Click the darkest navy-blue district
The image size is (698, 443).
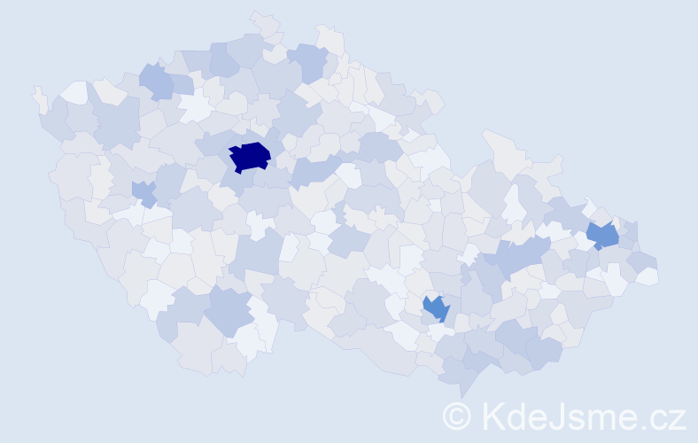click(249, 156)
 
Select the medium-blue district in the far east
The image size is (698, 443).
click(603, 236)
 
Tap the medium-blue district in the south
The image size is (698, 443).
click(436, 308)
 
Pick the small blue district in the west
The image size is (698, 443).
click(143, 191)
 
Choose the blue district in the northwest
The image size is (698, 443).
click(157, 82)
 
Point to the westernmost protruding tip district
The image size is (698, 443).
click(39, 97)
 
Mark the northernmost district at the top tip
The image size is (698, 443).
click(265, 21)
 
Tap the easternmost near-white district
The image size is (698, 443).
click(648, 276)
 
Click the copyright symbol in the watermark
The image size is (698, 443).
click(457, 416)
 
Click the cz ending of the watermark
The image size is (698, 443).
click(666, 417)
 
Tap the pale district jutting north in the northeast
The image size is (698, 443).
click(501, 147)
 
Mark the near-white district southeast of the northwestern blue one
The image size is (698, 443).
click(195, 108)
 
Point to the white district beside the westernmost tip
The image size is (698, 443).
click(75, 91)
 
